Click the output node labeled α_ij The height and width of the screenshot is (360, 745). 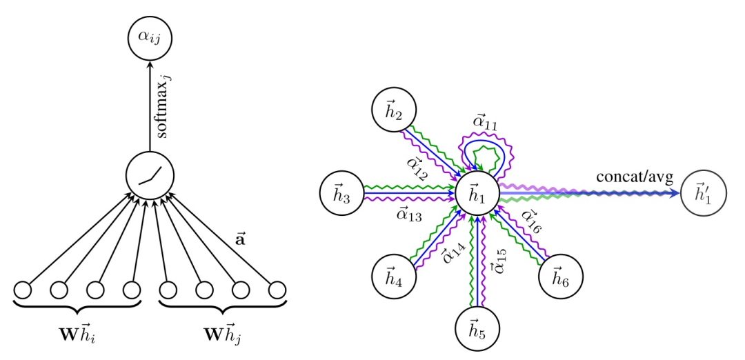click(150, 39)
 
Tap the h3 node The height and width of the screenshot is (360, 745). click(342, 193)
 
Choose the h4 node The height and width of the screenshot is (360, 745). click(394, 277)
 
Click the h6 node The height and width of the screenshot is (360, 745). click(560, 277)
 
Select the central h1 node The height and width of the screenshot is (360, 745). click(477, 193)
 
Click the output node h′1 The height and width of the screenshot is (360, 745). click(704, 193)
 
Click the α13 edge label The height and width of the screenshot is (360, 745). click(408, 215)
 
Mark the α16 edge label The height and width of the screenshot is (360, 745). click(530, 221)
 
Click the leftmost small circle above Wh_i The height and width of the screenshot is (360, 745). click(23, 290)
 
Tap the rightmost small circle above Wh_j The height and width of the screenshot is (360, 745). click(277, 290)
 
